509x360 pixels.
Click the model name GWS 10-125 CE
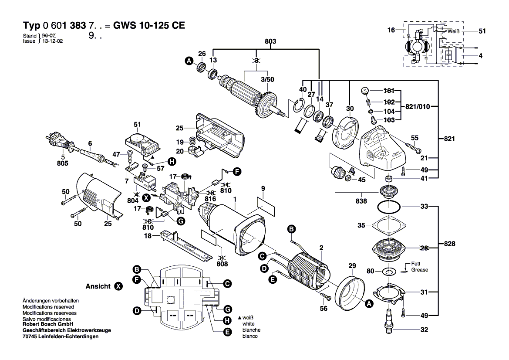149,25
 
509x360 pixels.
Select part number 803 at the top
271,41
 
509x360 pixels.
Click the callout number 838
361,201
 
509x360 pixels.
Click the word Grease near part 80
420,270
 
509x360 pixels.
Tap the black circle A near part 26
189,61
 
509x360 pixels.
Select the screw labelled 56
327,298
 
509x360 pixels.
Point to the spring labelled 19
192,142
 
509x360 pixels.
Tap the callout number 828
450,244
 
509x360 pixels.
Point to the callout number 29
352,265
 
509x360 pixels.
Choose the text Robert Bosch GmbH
47,324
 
